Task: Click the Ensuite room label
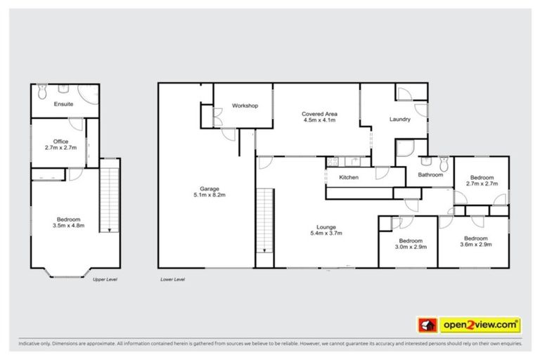coord(63,104)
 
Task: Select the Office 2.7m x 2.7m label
coord(60,144)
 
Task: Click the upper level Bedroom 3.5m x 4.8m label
coord(67,221)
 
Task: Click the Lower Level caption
coord(172,279)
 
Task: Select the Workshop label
coord(245,106)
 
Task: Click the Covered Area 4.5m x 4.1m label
coord(318,117)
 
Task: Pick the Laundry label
coord(399,120)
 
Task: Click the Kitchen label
coord(349,177)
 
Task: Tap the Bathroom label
coord(430,174)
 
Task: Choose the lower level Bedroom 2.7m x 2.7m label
coord(482,181)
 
